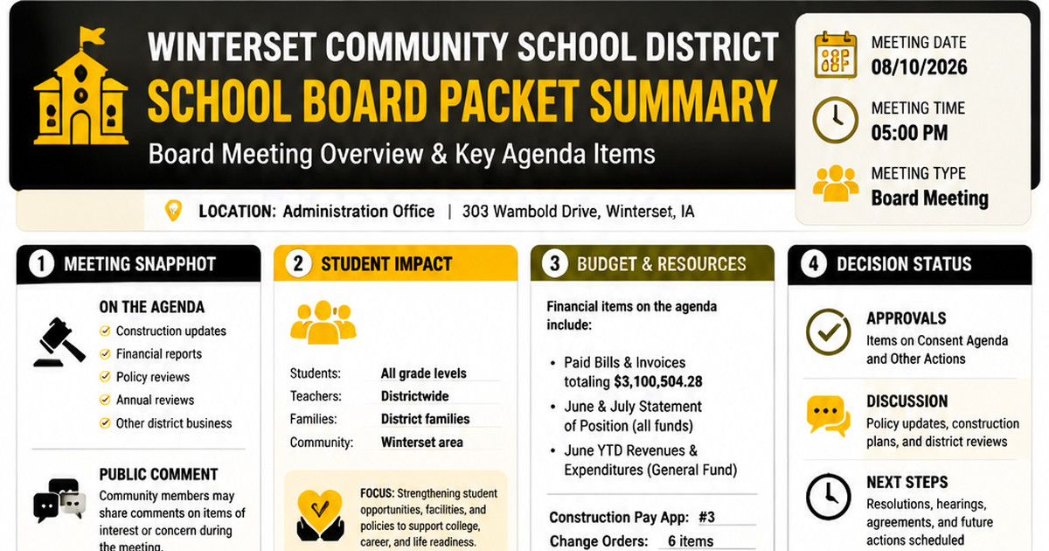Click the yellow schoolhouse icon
81,87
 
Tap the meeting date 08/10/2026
919,67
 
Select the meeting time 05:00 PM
909,133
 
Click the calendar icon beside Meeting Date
836,55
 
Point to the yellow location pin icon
173,211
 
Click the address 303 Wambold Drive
531,212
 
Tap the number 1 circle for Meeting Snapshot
41,264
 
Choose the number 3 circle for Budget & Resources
554,264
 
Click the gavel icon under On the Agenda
59,343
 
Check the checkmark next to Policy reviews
105,377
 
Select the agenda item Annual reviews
155,400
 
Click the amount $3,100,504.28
658,381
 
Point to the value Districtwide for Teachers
414,396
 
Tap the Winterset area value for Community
421,442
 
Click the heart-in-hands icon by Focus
320,514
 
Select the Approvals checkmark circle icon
829,331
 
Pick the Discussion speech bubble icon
828,415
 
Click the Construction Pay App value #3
706,517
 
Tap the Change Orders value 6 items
691,541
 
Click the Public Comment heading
158,474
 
